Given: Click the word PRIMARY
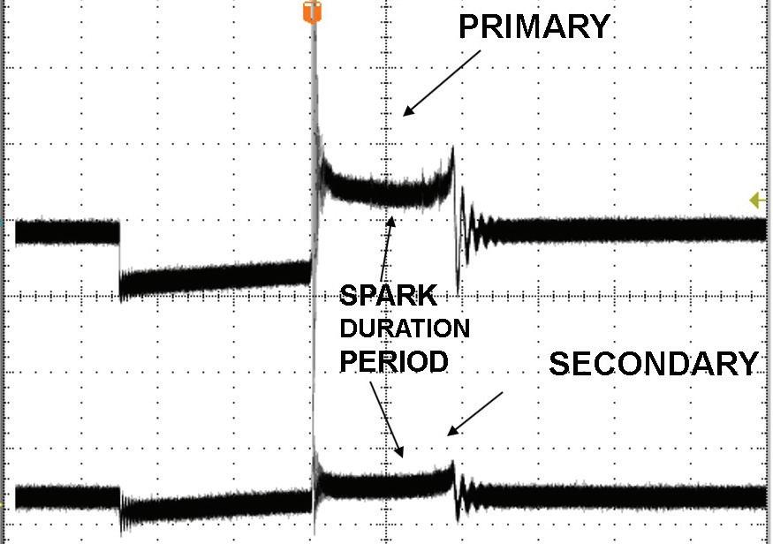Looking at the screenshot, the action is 534,26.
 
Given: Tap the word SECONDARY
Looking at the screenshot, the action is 654,364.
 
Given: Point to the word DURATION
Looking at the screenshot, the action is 405,329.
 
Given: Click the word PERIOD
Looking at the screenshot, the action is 394,361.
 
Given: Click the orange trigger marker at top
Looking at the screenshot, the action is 310,12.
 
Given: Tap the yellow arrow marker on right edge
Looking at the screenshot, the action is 757,200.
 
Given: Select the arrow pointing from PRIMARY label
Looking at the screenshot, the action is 442,82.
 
